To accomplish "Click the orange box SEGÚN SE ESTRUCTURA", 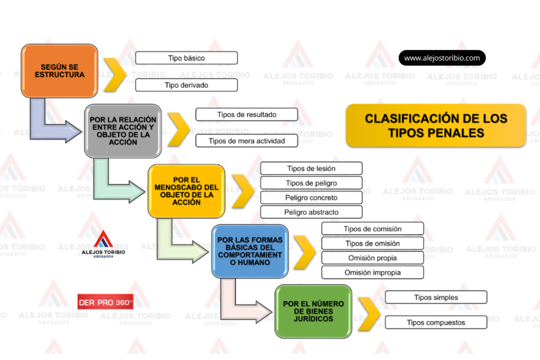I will tap(60, 71).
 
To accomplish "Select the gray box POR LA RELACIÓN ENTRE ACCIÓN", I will tap(123, 131).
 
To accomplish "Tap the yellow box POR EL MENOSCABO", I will tap(186, 191).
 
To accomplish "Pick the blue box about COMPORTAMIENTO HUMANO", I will tap(250, 251).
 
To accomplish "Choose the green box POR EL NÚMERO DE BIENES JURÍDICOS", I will tap(313, 311).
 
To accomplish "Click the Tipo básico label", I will tap(186, 58).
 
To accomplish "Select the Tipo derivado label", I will tap(186, 85).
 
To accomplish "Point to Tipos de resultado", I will tap(246, 114).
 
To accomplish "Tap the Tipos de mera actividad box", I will tap(246, 141).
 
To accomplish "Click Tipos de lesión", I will tap(311, 169).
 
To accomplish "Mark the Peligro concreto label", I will tap(311, 198).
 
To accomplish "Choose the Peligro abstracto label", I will tap(311, 212).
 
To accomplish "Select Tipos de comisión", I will tap(372, 229).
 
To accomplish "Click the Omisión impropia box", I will tap(372, 273).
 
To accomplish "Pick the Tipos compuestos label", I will tap(436, 323).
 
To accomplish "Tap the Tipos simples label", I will tap(436, 297).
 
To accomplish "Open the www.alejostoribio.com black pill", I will tap(442, 58).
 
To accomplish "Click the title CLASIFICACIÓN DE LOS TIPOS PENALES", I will tap(436, 125).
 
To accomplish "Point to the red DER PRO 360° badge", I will tap(105, 303).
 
